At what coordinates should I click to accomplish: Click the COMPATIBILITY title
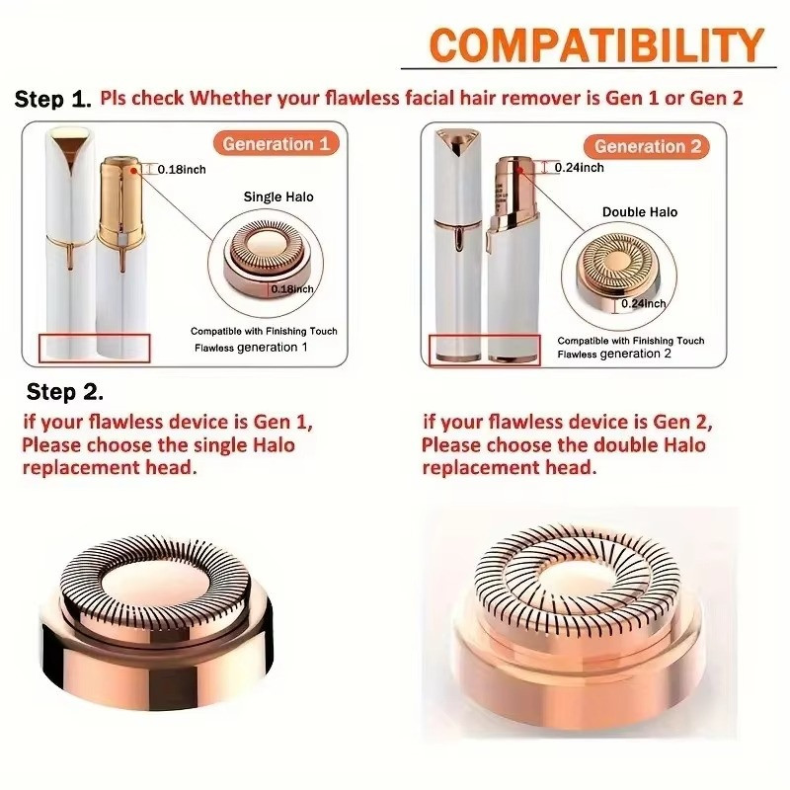(x=596, y=44)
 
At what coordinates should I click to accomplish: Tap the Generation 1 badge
(x=276, y=144)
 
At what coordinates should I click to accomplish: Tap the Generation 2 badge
(x=647, y=146)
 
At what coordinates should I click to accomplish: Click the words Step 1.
(x=53, y=99)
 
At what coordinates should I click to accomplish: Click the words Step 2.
(x=65, y=391)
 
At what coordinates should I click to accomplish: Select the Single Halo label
(x=278, y=197)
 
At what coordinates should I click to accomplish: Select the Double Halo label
(x=640, y=212)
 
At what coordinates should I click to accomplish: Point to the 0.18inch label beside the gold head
(x=182, y=170)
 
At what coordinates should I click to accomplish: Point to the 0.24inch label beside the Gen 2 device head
(x=580, y=168)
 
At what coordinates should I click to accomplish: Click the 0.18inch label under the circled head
(x=292, y=289)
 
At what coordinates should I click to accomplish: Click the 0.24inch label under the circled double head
(x=644, y=303)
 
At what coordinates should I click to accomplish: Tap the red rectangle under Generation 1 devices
(x=94, y=349)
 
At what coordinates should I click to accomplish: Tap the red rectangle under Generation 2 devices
(x=484, y=351)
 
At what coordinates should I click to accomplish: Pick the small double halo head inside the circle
(x=618, y=269)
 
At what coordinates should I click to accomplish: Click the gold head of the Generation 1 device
(x=120, y=201)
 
